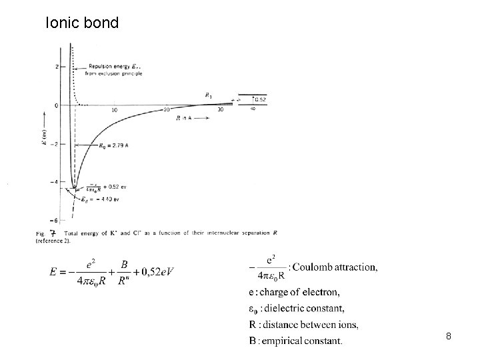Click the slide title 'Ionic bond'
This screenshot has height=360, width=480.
[x=82, y=23]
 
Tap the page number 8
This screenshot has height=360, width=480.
[x=449, y=337]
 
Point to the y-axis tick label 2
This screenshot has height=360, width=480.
[x=57, y=67]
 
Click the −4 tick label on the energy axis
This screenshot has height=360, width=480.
[x=56, y=182]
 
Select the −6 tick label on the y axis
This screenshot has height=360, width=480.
[x=56, y=220]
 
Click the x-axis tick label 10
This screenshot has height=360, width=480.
[x=114, y=110]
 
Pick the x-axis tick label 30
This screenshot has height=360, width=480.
[x=220, y=110]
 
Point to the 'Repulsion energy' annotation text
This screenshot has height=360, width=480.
[x=112, y=67]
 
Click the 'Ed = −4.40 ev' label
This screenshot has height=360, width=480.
[x=102, y=198]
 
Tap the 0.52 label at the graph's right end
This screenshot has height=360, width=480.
[x=261, y=100]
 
